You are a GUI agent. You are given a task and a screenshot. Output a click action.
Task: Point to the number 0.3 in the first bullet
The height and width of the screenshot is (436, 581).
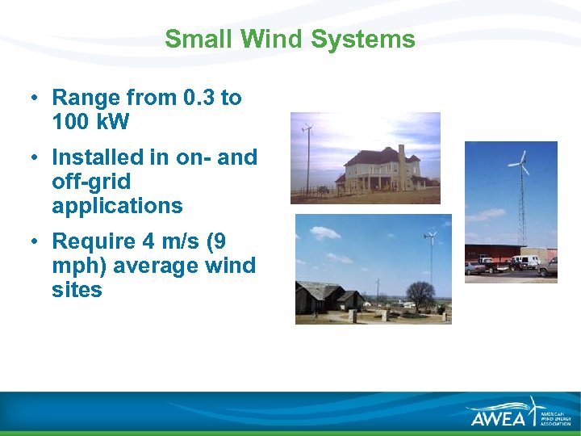click(200, 98)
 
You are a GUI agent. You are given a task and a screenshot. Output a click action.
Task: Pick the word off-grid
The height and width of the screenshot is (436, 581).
click(90, 182)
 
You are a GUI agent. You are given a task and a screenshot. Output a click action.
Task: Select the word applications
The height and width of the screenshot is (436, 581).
click(117, 206)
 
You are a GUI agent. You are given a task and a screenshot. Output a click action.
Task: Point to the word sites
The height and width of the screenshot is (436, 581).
click(77, 290)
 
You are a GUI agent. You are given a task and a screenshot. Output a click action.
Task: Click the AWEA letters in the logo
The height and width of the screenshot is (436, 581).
click(498, 418)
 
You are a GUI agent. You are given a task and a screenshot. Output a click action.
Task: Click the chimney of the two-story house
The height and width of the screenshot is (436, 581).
click(401, 153)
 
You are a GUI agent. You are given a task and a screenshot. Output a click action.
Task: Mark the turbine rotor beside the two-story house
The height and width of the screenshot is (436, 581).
click(306, 127)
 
